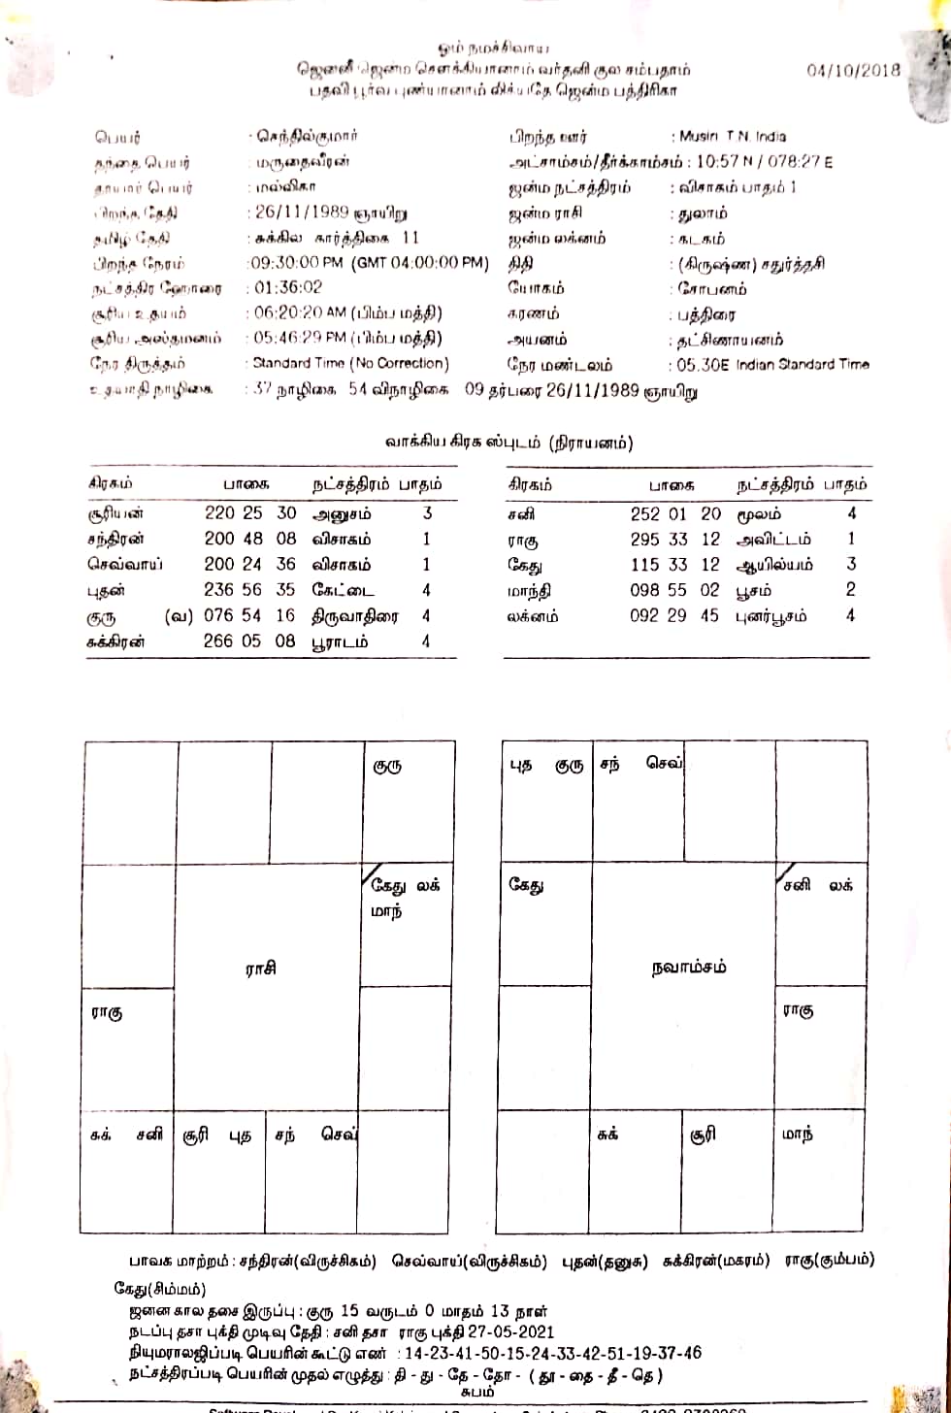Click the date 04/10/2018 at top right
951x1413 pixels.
853,70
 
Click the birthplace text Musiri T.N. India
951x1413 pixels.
731,137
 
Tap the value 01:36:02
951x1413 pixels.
288,288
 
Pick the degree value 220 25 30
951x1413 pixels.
250,513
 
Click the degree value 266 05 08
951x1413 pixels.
250,641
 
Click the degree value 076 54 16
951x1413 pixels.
250,615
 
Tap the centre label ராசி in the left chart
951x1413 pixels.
261,968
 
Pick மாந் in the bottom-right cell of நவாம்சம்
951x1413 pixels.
797,1134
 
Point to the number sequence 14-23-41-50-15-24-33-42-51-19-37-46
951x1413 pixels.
552,1353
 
